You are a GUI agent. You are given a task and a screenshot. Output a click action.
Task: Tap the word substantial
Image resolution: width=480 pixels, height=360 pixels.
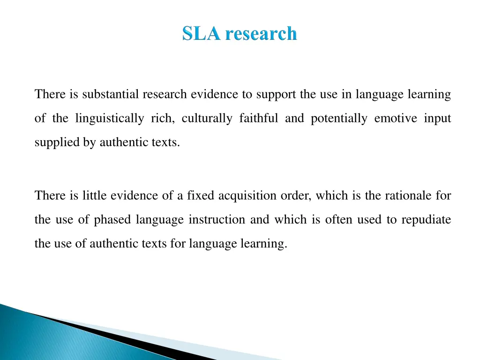tap(111, 95)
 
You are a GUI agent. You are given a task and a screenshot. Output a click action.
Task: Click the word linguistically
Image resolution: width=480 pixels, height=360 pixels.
tap(110, 119)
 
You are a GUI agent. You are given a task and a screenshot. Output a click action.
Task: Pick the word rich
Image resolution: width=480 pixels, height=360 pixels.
tap(163, 119)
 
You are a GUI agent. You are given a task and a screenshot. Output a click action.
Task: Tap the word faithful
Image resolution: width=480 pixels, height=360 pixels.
tap(258, 119)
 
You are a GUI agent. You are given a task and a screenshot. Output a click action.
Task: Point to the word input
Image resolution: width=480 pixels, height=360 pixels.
tap(437, 119)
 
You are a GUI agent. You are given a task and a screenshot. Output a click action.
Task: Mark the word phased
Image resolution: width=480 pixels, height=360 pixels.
tap(113, 220)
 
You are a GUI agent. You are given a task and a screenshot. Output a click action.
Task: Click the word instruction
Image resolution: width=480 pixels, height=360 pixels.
tap(217, 219)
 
